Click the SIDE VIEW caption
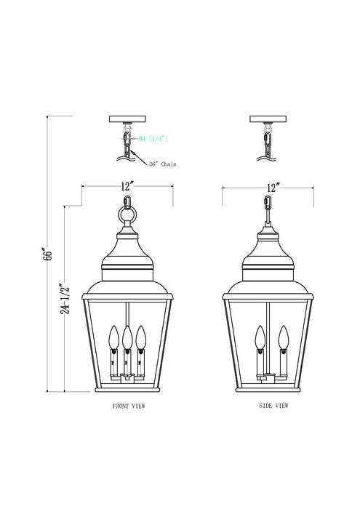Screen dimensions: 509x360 [x=273, y=406]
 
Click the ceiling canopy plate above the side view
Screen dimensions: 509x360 [x=268, y=119]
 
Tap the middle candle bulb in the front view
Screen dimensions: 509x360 [x=127, y=337]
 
